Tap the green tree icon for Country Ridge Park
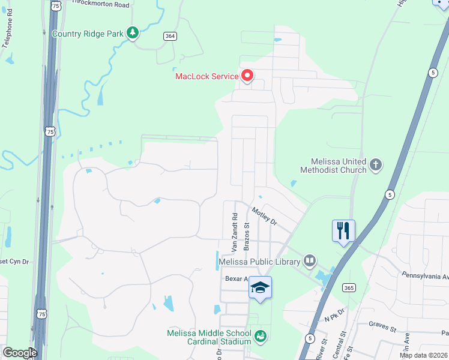click(x=133, y=33)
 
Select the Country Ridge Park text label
click(x=88, y=34)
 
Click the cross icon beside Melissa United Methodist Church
click(x=376, y=165)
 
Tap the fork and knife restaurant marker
click(x=343, y=231)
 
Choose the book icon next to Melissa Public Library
click(x=309, y=260)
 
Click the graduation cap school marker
click(x=260, y=288)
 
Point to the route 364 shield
click(x=170, y=37)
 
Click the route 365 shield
click(x=348, y=288)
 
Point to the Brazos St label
click(x=246, y=236)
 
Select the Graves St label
click(x=383, y=329)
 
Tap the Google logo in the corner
click(x=19, y=352)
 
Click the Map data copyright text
click(x=423, y=355)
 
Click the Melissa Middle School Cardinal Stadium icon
click(x=260, y=337)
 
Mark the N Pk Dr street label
click(x=334, y=314)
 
